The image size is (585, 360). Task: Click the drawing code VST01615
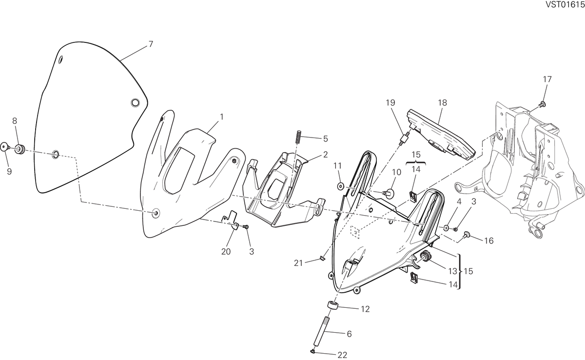(564, 4)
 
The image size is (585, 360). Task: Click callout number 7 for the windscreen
(151, 44)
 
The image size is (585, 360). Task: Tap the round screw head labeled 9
(4, 147)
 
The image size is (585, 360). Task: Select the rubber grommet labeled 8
(20, 149)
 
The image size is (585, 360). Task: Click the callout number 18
(443, 102)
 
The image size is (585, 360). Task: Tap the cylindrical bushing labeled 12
(332, 305)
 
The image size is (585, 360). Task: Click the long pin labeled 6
(321, 331)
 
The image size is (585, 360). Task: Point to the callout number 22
(342, 355)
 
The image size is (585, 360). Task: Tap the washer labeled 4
(447, 227)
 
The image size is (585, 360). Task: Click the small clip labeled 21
(323, 258)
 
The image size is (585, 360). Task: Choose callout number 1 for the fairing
(222, 117)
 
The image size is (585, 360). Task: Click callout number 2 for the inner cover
(325, 155)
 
